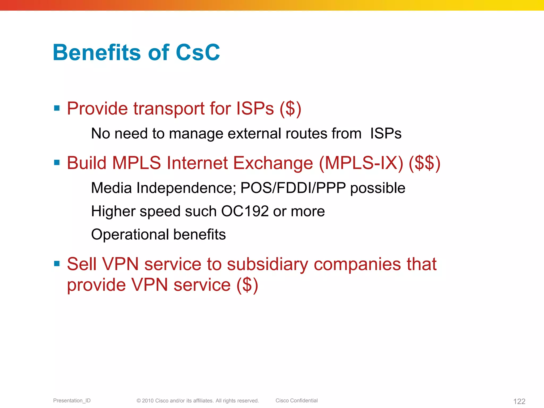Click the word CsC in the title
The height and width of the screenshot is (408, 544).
click(x=198, y=52)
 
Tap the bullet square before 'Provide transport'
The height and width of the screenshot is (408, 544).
click(x=57, y=108)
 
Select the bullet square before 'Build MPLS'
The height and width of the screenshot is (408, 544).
click(x=57, y=162)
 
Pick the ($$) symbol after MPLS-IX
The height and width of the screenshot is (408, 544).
click(x=424, y=163)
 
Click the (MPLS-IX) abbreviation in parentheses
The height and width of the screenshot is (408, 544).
click(x=361, y=163)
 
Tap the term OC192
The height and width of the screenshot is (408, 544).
click(x=245, y=211)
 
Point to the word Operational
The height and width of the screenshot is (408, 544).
click(x=130, y=235)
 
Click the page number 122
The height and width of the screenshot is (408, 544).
click(x=519, y=401)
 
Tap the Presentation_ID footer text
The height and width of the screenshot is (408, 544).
click(x=72, y=401)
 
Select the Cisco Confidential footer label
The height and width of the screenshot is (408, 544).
click(x=296, y=401)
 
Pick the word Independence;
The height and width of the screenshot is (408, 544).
click(x=186, y=188)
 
